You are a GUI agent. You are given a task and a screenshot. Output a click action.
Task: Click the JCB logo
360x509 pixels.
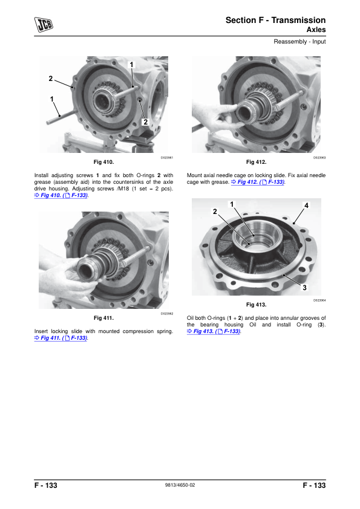[44, 25]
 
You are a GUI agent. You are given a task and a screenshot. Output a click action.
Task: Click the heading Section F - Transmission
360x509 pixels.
[275, 20]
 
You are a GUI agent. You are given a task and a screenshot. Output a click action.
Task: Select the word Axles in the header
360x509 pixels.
[316, 30]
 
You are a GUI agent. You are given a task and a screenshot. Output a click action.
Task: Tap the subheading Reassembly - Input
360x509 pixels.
[299, 42]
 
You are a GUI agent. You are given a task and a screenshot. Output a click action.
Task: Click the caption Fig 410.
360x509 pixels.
[103, 162]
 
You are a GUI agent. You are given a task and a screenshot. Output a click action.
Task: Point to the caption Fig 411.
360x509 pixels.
[103, 318]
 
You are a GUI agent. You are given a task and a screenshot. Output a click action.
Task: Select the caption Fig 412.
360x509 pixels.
[257, 162]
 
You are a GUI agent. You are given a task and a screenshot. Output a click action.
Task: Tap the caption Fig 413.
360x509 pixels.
[257, 305]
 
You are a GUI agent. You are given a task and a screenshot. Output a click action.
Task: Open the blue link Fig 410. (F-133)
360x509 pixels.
[61, 195]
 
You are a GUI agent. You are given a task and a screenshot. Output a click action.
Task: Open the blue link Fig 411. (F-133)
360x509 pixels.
[61, 338]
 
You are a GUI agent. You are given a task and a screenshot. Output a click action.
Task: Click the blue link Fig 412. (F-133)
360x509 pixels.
[258, 182]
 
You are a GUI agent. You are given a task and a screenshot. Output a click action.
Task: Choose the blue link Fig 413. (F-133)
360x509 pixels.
[214, 331]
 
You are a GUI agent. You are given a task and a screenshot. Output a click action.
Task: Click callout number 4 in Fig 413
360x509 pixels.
[306, 206]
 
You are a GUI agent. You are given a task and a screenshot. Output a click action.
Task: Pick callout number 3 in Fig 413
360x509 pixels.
[304, 288]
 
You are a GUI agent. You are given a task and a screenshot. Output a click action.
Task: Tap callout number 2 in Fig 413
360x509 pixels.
[215, 212]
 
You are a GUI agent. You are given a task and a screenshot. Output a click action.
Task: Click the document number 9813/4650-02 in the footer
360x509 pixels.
[180, 485]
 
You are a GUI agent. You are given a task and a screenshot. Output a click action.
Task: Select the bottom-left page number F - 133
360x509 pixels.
[46, 485]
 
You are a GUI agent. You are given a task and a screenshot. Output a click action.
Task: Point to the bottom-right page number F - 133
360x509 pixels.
[314, 485]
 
